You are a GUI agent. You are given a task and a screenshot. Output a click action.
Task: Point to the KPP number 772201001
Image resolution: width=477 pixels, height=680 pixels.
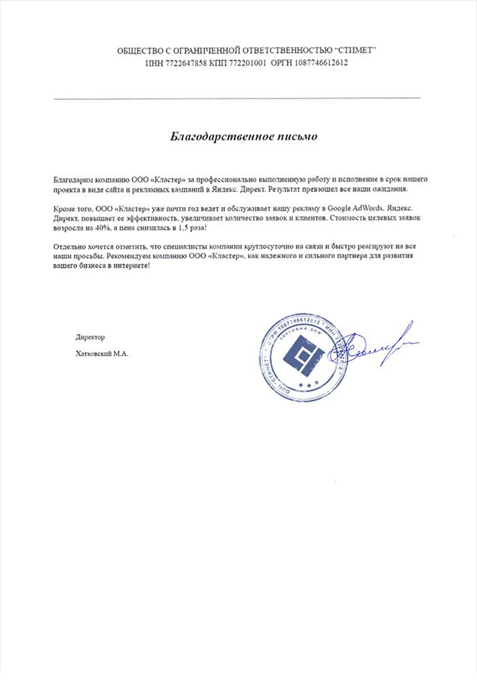[243, 63]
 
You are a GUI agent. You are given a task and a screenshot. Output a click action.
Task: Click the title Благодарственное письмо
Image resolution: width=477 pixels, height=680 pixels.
[238, 136]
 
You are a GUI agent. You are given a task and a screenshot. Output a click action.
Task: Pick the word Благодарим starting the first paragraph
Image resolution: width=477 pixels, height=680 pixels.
[72, 178]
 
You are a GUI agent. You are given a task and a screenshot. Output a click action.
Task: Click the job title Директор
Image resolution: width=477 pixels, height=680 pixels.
[90, 337]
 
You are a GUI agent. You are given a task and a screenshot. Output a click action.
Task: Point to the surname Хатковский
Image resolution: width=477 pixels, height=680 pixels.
[89, 354]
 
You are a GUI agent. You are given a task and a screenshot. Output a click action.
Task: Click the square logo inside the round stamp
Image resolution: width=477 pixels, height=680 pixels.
[303, 355]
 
